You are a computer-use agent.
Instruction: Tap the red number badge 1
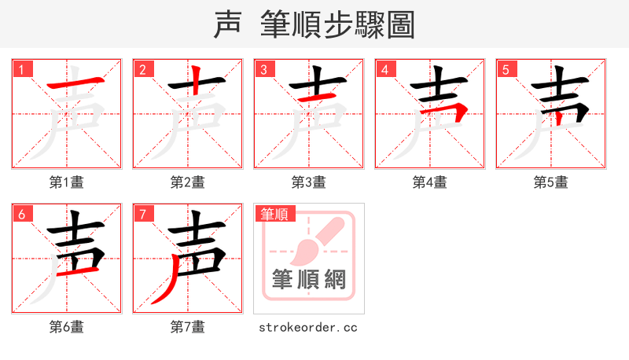21,69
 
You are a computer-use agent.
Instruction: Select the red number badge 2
142,69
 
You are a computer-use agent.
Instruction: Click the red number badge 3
263,69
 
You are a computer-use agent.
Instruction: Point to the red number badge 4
384,69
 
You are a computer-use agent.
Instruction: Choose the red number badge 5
506,69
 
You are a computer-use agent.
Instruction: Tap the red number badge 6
21,214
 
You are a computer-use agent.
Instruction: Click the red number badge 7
142,214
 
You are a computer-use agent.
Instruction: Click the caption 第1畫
67,182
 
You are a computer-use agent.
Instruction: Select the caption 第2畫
188,182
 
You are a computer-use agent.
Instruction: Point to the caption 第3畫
309,182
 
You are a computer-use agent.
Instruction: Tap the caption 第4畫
430,182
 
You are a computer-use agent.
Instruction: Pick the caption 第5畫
551,182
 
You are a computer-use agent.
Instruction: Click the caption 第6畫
67,327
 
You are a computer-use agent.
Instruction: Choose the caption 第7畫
188,327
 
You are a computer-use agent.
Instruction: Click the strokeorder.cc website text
308,327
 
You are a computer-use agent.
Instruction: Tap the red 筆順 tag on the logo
273,213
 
